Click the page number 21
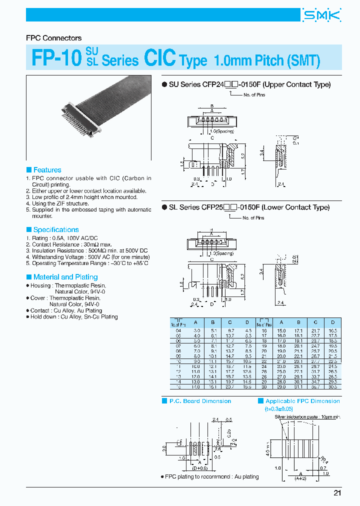(x=337, y=493)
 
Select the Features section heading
(x=47, y=170)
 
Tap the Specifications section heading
(x=55, y=229)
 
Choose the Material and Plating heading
(x=65, y=277)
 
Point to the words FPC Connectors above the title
(x=53, y=38)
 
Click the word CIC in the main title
(x=159, y=59)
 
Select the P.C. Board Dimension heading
(x=200, y=401)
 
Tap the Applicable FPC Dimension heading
(x=302, y=401)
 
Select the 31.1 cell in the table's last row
(x=299, y=387)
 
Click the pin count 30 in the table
(x=263, y=387)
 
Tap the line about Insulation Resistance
(x=87, y=250)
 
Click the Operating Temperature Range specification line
(x=87, y=263)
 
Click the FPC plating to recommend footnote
(x=211, y=476)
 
